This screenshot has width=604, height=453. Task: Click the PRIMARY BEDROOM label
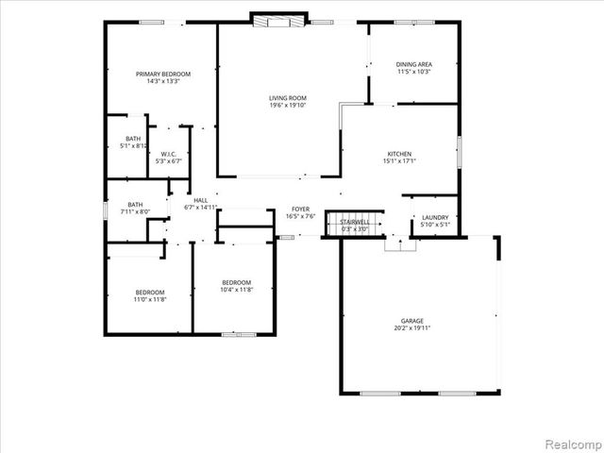coord(163,74)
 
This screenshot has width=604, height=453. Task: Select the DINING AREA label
coord(413,64)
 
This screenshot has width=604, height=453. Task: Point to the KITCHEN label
coord(399,153)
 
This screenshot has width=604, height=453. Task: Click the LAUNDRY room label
coord(434,216)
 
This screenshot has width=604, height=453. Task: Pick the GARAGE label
coord(411,321)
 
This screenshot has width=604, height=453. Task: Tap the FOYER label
coord(300,209)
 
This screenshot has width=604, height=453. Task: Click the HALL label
coord(201,200)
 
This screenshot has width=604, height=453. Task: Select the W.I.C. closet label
coord(168,154)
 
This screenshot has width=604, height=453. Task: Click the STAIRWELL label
coord(355,222)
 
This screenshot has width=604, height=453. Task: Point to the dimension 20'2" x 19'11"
coord(411,328)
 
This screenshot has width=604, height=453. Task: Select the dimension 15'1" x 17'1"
coord(399,160)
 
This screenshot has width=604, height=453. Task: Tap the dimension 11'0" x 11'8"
coord(149,299)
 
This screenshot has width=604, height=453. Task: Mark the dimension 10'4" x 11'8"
coord(236,289)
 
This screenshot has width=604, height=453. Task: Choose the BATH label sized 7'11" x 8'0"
coord(136,205)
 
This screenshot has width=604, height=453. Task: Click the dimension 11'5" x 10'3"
coord(413,72)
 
